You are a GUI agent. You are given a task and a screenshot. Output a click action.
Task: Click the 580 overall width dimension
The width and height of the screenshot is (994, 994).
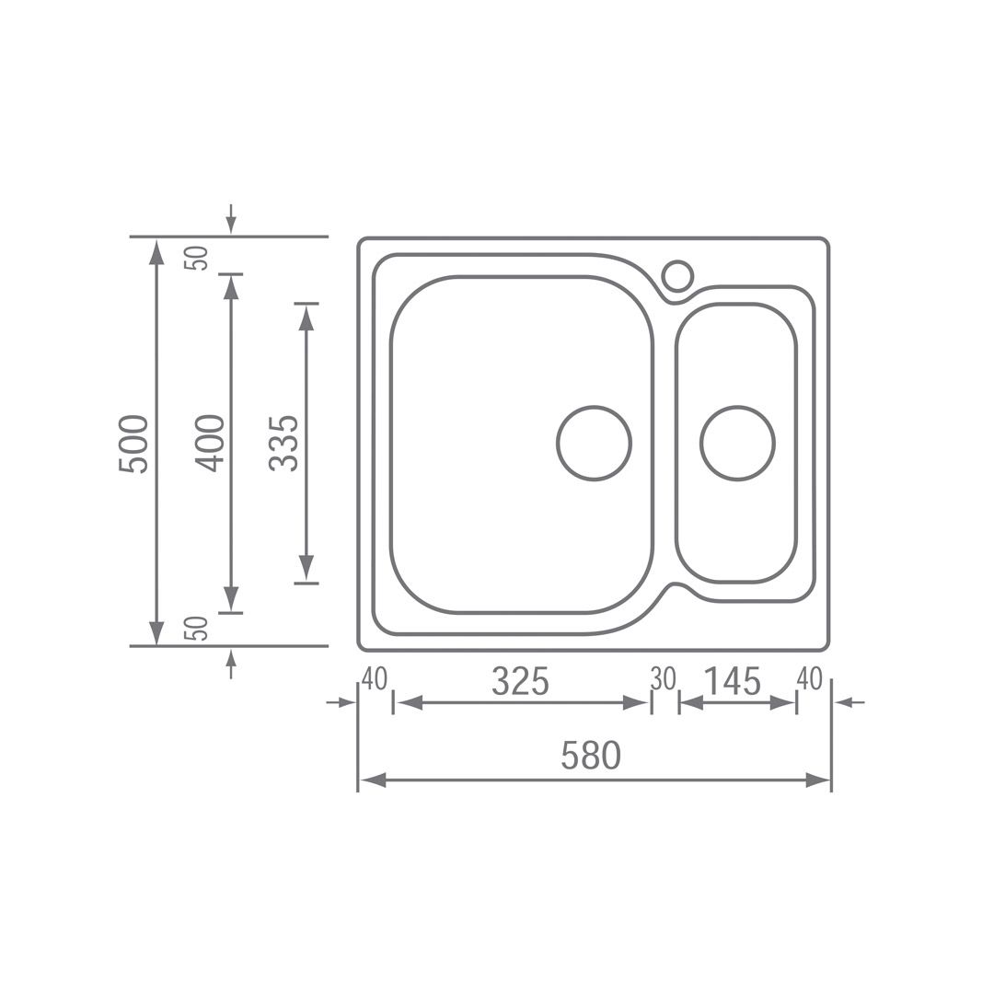click(591, 755)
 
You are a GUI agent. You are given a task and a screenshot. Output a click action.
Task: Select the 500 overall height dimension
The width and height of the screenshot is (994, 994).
click(133, 444)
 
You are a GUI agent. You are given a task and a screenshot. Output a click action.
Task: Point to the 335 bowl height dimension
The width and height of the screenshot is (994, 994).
click(283, 443)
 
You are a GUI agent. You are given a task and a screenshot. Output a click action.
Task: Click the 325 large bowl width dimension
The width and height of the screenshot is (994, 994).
click(520, 682)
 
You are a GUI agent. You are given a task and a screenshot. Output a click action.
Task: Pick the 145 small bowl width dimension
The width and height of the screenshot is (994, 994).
click(733, 682)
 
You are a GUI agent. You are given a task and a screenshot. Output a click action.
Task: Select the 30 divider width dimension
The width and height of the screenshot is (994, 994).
click(664, 679)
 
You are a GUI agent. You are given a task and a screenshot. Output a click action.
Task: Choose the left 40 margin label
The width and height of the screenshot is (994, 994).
click(374, 679)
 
